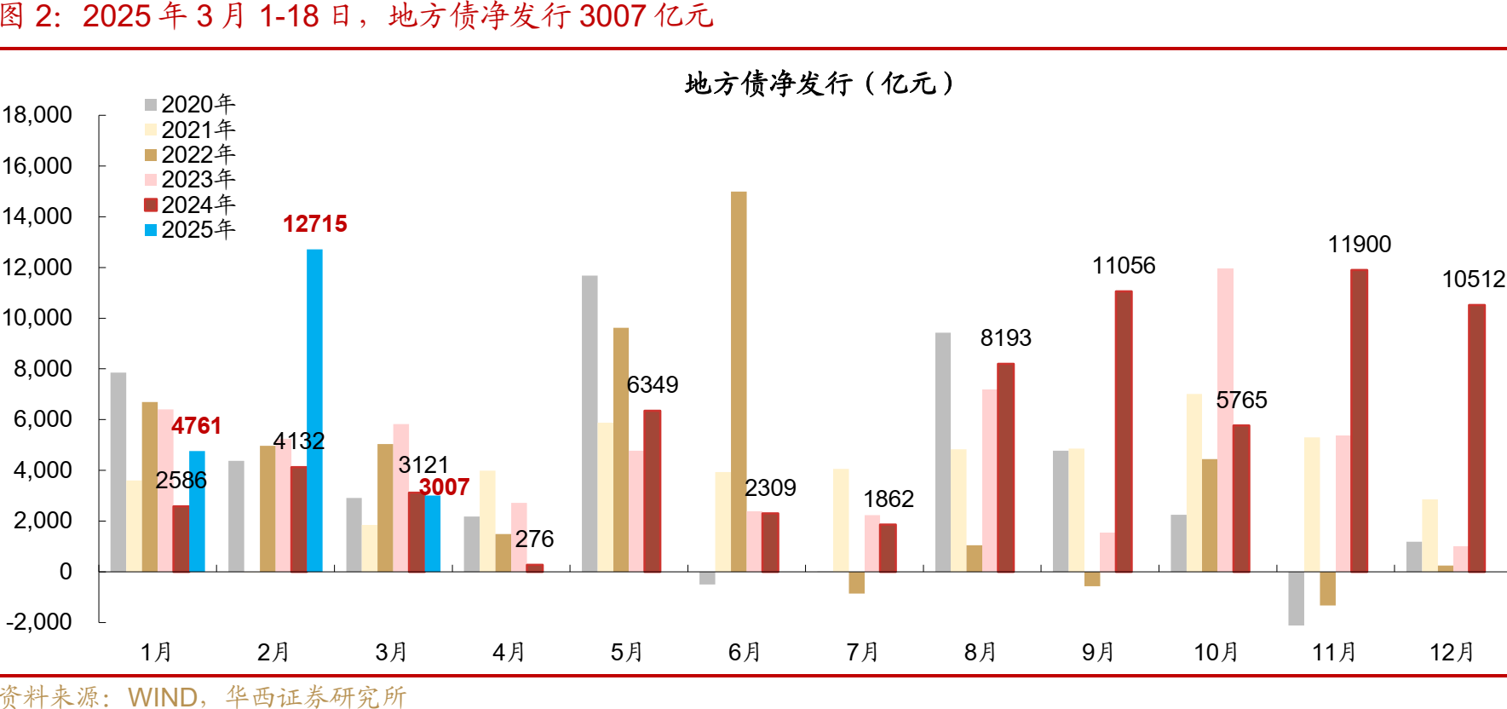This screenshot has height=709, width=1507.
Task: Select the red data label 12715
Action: point(314,224)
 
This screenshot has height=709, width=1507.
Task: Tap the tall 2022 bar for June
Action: point(739,381)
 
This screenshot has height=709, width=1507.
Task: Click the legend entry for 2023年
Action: point(190,180)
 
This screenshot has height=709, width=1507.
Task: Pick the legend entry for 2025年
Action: point(190,230)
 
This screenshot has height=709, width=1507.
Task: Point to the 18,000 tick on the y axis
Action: point(37,115)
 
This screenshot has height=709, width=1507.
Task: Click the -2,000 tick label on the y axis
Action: point(39,622)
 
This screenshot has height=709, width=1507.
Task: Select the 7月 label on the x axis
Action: point(862,653)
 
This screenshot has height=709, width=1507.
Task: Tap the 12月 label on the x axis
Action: point(1452,653)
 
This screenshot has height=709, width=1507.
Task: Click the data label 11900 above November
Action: point(1359,245)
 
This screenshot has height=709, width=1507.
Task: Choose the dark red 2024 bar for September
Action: point(1124,430)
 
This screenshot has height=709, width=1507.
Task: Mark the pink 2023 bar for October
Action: point(1225,419)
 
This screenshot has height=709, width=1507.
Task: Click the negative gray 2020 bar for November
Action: point(1296,598)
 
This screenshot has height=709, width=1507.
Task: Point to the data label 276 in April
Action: point(534,539)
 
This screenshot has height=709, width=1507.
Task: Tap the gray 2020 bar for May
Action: point(590,423)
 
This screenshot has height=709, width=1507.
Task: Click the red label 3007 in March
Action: point(444,487)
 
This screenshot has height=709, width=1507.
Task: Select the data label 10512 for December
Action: point(1473,280)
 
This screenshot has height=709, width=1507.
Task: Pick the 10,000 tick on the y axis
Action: point(37,318)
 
